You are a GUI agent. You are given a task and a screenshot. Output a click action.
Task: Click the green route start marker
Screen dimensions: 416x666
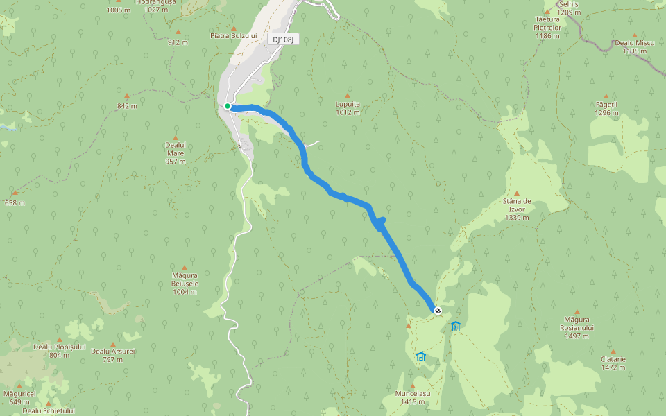point(228,106)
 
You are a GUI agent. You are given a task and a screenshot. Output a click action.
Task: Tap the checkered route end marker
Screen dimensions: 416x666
point(438,311)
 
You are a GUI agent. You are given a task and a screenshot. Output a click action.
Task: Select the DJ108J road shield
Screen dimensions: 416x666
point(283,40)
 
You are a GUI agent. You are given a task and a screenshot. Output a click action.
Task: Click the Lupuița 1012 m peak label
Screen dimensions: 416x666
point(348,107)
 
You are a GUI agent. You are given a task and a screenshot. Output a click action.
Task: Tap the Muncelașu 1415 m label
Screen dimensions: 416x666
point(413,397)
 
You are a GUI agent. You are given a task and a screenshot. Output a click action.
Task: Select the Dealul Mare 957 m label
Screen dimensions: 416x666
point(176,153)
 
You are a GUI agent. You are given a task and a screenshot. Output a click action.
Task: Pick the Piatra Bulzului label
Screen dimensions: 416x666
point(234,35)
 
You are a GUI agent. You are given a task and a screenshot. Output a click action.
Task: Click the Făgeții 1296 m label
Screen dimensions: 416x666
point(606,108)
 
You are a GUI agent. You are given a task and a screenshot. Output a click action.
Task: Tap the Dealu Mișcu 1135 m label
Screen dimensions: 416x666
point(635,46)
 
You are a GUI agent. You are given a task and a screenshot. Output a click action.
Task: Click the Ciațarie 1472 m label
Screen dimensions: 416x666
point(613,363)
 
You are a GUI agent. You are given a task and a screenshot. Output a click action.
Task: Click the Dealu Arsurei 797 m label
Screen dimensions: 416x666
point(113,354)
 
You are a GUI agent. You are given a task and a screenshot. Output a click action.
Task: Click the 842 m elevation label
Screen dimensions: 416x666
point(127,105)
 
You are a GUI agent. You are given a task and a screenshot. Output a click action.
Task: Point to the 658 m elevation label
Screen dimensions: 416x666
point(15,202)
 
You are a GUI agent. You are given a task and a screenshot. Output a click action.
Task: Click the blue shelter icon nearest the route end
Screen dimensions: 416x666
point(455,326)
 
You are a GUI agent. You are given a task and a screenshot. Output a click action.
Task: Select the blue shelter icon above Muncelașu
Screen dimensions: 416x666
point(420,356)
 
